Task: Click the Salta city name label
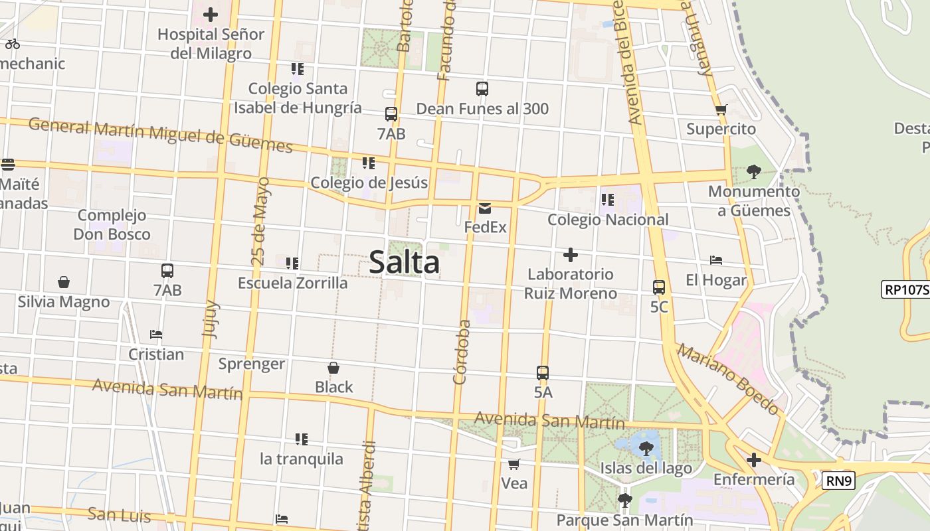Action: click(x=404, y=262)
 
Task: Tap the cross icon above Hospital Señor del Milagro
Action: click(x=211, y=14)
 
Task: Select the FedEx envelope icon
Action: click(x=484, y=208)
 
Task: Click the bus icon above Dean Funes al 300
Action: click(x=482, y=88)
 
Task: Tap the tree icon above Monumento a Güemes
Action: click(x=753, y=172)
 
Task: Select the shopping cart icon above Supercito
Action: click(x=721, y=110)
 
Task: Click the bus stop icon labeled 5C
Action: click(x=659, y=287)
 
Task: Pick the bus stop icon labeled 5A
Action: click(x=543, y=373)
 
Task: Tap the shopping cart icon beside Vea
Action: click(x=513, y=464)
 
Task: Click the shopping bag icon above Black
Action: click(x=333, y=368)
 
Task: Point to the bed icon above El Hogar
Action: click(x=715, y=260)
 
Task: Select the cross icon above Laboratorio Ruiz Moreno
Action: click(x=570, y=255)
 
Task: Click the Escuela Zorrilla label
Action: click(x=292, y=283)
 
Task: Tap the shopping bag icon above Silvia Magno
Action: click(x=64, y=282)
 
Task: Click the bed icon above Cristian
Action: click(x=156, y=335)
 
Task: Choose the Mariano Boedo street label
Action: click(x=727, y=380)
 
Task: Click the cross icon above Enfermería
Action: click(x=753, y=460)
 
